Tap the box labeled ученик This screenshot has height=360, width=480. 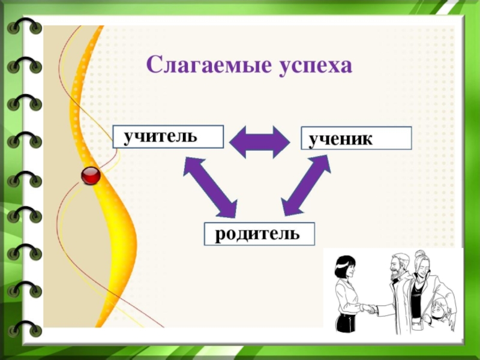pos(356,138)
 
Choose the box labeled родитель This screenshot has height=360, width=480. pos(260,233)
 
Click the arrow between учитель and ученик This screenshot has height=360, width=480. pos(260,142)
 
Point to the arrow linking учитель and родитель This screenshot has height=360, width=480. pos(209,186)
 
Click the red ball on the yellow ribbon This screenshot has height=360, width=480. pos(91,175)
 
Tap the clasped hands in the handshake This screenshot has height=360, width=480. pos(370,309)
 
